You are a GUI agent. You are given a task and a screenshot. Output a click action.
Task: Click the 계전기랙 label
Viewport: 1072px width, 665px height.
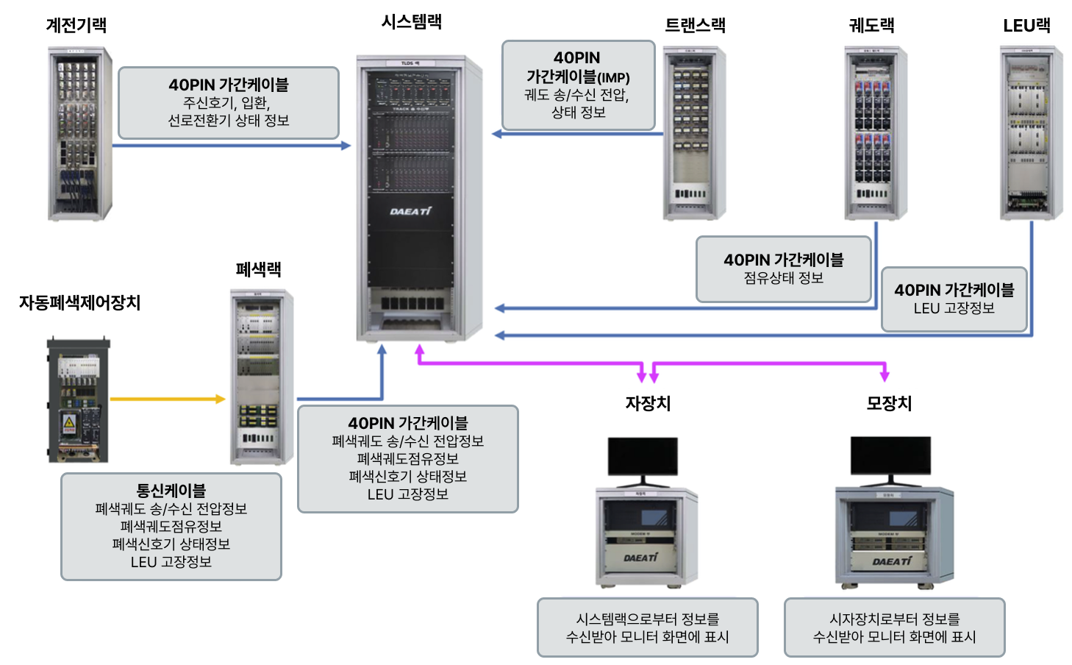click(x=76, y=25)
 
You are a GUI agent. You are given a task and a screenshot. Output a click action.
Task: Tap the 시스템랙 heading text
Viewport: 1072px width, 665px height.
click(x=411, y=21)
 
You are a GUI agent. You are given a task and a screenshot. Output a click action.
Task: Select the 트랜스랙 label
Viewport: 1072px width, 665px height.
click(x=695, y=25)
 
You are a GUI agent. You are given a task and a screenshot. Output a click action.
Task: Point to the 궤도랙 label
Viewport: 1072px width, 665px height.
click(x=871, y=25)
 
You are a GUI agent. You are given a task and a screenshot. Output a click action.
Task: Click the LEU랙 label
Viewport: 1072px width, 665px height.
click(x=1026, y=26)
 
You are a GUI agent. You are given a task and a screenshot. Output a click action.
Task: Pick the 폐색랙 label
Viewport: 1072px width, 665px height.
click(x=258, y=269)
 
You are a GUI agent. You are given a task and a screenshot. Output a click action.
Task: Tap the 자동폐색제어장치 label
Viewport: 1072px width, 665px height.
click(x=79, y=302)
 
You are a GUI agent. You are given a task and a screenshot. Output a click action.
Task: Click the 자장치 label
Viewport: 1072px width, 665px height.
click(x=648, y=403)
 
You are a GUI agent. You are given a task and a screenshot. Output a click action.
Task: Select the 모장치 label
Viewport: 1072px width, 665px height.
click(x=889, y=403)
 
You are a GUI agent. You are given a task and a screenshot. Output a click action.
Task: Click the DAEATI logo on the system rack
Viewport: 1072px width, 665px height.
click(x=410, y=212)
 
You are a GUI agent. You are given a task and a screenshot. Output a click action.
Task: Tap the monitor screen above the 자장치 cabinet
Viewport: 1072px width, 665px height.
click(x=643, y=457)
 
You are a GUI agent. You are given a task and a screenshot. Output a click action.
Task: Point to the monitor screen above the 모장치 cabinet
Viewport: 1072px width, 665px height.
click(x=890, y=455)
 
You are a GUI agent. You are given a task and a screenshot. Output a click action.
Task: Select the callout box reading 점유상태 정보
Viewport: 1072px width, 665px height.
click(x=784, y=269)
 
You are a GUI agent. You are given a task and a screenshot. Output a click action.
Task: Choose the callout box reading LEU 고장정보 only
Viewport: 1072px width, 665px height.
click(x=954, y=299)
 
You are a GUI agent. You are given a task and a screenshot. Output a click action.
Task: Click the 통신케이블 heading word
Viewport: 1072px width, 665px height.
click(x=171, y=491)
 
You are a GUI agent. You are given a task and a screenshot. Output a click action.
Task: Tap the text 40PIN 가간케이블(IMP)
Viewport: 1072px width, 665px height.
click(x=578, y=67)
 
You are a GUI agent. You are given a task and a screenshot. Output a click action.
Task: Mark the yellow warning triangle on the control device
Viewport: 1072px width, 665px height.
click(x=69, y=422)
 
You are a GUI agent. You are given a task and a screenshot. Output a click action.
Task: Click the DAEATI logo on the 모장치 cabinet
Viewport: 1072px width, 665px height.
click(x=892, y=561)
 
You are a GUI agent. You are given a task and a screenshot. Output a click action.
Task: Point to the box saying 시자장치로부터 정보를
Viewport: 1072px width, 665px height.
click(x=894, y=627)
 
